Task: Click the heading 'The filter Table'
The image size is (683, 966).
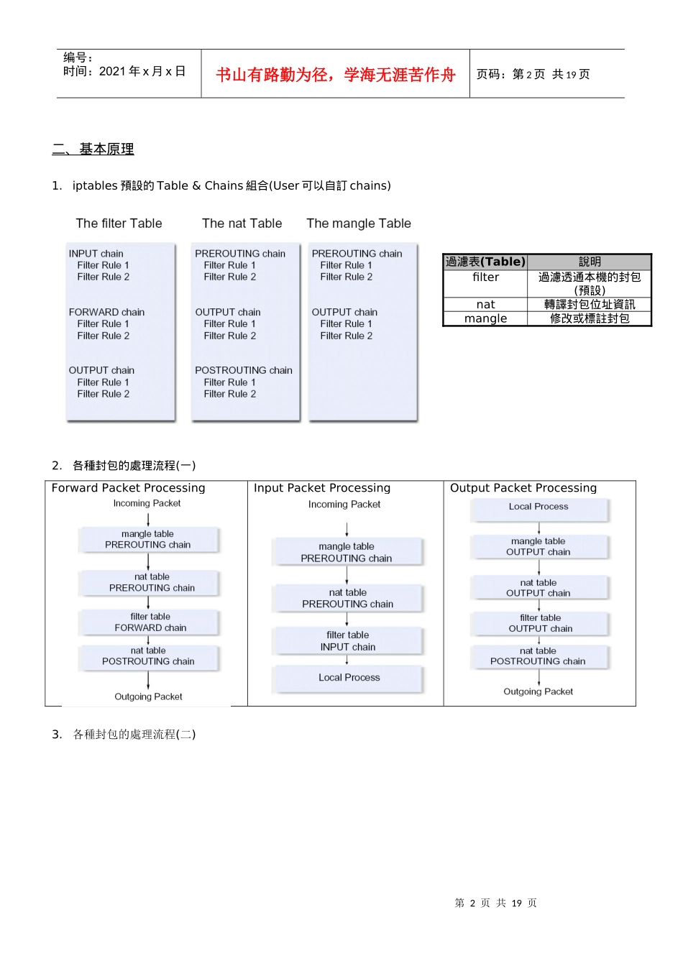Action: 119,224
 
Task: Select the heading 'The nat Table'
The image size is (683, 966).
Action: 242,224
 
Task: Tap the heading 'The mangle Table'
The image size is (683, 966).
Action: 359,224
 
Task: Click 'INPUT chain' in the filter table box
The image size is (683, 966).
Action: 96,254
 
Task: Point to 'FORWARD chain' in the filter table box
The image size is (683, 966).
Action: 106,312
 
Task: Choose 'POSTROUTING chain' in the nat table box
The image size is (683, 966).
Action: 244,370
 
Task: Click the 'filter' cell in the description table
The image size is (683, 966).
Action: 485,277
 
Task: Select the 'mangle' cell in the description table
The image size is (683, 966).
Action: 485,318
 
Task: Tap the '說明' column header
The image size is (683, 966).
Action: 590,262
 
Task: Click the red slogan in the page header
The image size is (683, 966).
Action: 336,75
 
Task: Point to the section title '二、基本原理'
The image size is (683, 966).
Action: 93,149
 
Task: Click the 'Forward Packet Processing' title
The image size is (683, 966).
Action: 128,488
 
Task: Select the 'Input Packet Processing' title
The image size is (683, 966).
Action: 322,488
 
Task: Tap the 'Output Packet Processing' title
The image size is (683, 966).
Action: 523,488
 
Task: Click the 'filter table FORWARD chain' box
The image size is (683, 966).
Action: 150,622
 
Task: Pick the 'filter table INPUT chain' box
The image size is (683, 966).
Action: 348,641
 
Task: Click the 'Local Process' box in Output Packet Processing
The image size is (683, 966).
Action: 538,507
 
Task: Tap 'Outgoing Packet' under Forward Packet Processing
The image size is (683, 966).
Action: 148,696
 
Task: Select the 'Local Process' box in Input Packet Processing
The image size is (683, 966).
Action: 349,678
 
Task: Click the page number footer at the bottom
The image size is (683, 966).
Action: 496,903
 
